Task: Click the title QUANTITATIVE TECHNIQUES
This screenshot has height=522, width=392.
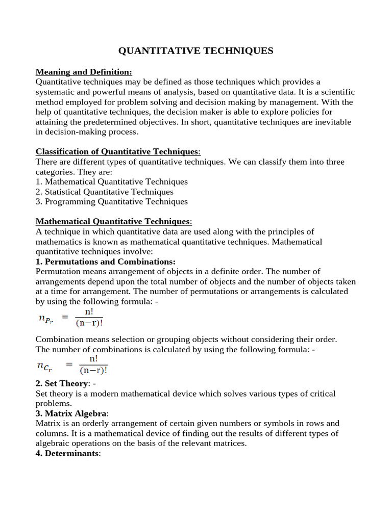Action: tap(196, 50)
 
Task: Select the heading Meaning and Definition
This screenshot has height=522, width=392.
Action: tap(84, 72)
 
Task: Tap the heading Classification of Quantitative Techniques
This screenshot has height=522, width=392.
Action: tap(118, 151)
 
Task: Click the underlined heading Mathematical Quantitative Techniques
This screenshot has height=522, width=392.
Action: tap(113, 221)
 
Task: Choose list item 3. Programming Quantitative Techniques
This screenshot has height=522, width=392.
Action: tap(112, 201)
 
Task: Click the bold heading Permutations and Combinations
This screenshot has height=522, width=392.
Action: tap(106, 262)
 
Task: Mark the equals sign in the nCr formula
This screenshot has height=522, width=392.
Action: tap(69, 365)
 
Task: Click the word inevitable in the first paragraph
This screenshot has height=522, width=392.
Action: tap(334, 122)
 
